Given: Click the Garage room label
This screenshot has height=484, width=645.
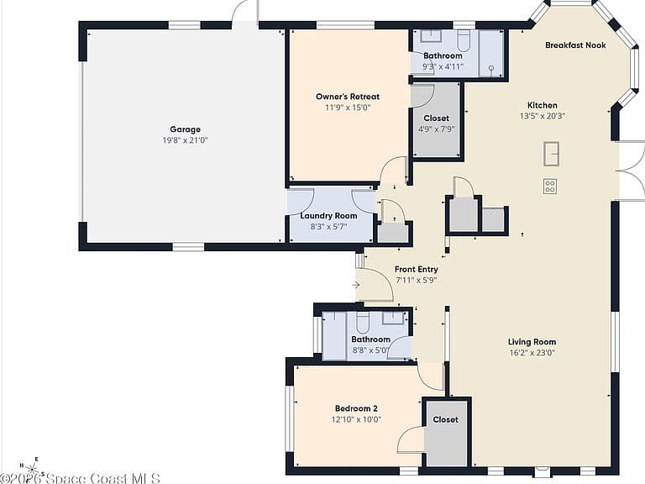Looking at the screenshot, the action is [185, 129].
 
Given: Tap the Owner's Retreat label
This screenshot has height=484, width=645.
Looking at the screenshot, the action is [348, 97].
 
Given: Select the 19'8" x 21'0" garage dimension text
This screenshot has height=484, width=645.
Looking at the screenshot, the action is [185, 140].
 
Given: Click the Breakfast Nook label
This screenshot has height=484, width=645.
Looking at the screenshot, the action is [575, 45].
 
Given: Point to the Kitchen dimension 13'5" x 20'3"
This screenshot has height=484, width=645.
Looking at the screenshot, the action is [543, 116].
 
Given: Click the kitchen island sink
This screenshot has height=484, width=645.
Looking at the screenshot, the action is [551, 154].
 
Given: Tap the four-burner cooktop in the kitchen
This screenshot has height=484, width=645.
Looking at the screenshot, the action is [550, 186].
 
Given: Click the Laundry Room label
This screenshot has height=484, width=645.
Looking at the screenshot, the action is [328, 216].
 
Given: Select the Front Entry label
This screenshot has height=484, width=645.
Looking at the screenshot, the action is [417, 269].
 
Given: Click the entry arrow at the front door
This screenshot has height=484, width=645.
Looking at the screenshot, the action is [356, 285].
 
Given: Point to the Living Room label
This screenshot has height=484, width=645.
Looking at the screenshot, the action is [532, 342].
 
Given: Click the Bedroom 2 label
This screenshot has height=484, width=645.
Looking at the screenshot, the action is [356, 408].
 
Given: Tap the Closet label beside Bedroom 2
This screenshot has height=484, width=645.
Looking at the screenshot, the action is [445, 419].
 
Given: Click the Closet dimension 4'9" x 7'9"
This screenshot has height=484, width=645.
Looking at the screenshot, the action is [437, 129].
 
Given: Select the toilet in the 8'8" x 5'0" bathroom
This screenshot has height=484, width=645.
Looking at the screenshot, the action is [363, 322].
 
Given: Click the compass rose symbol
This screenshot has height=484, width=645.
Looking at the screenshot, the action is [33, 469].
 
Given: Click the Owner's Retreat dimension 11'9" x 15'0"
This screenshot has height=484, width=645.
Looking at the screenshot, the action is [348, 108].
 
